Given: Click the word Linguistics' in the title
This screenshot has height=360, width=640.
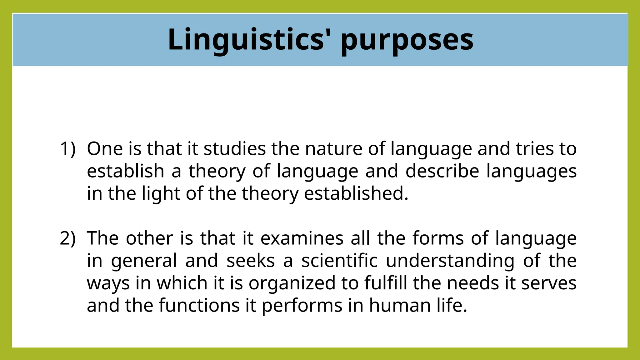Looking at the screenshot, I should (x=246, y=40).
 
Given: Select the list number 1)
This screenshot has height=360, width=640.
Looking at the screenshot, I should (x=68, y=149).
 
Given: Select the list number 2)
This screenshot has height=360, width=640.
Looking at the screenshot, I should (x=68, y=238).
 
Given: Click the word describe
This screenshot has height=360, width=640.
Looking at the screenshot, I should (x=442, y=171).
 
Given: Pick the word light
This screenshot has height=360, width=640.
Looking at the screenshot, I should (x=161, y=194).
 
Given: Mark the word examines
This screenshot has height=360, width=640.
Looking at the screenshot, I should (x=302, y=238).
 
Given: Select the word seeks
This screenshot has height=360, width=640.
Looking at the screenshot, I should (x=250, y=261).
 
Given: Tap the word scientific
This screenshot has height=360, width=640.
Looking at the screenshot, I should (x=339, y=261).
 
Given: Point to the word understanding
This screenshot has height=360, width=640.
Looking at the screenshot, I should (x=450, y=261).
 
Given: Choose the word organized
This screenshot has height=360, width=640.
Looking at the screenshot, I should (x=292, y=283).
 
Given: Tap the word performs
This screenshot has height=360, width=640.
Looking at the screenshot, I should (x=302, y=306).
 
